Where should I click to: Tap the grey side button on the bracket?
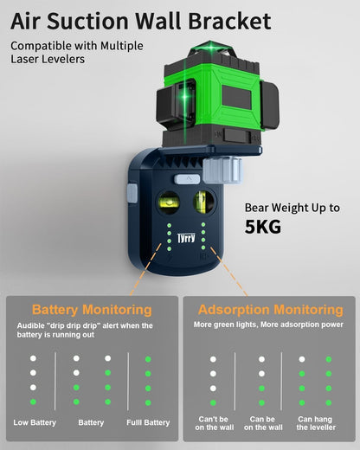132,192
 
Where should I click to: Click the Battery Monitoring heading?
91,310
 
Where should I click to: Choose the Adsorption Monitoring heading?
270,310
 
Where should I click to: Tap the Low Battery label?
35,422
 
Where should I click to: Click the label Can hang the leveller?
315,422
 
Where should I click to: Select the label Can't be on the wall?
213,422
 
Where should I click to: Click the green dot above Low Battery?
33,402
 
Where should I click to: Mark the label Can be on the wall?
263,422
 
